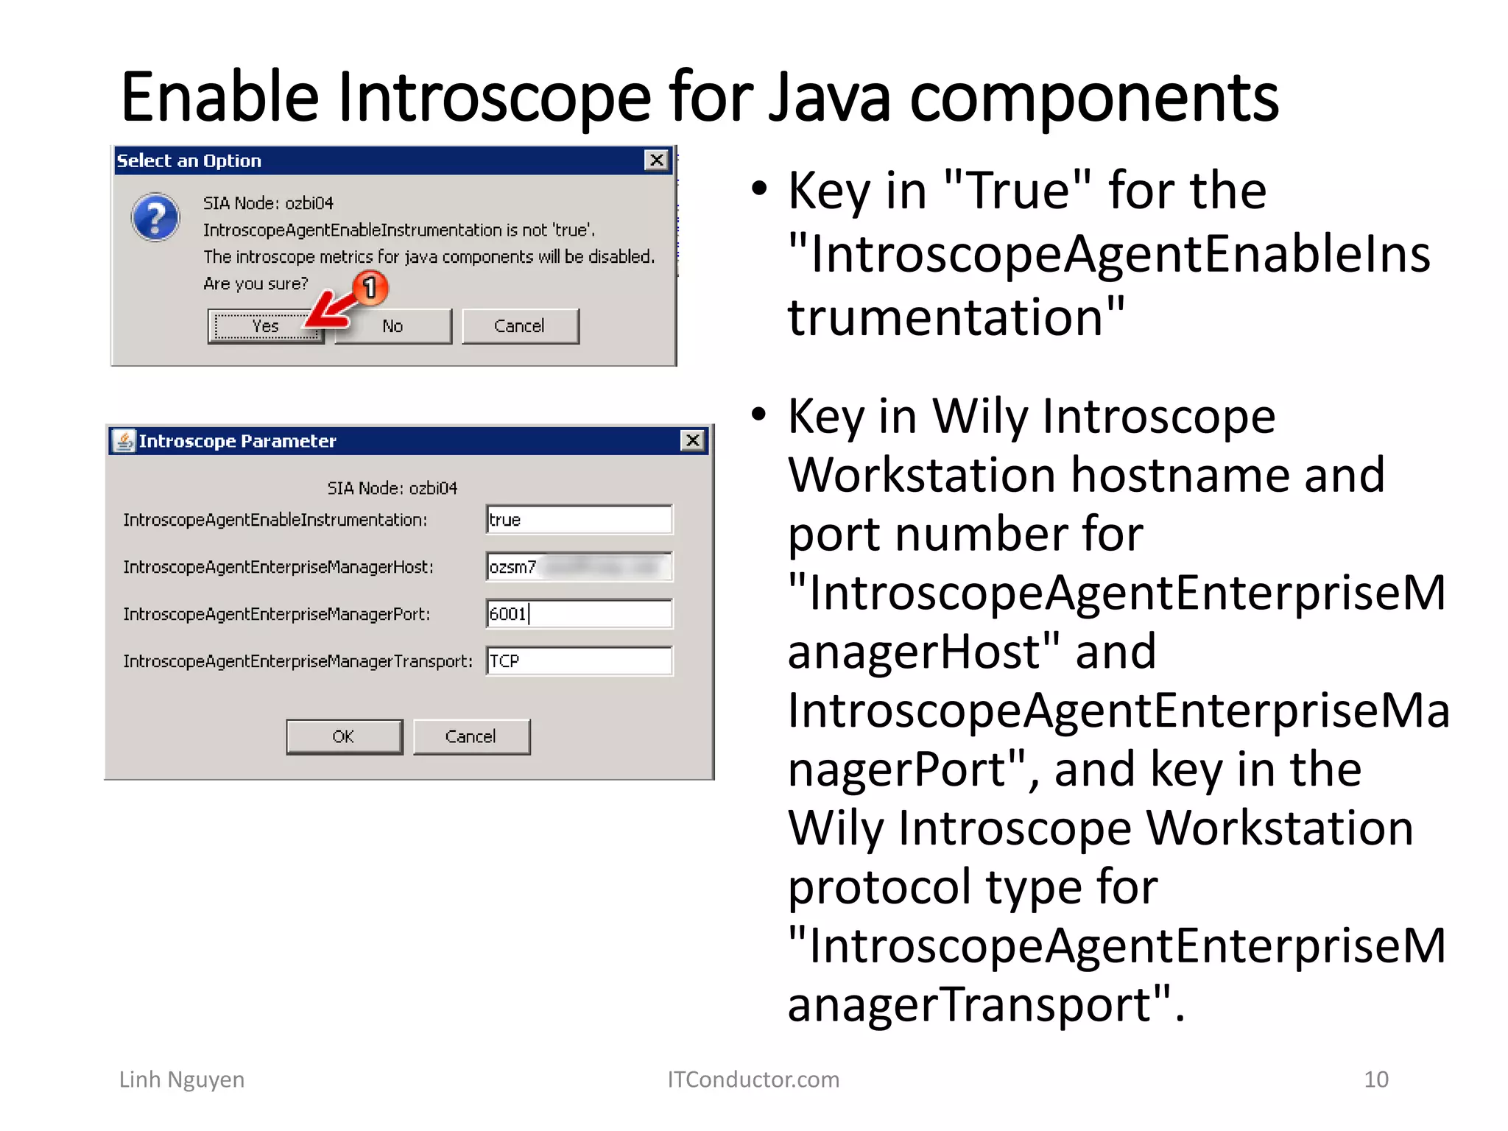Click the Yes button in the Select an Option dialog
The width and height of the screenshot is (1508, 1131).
click(x=265, y=326)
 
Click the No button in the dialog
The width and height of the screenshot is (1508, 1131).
click(x=392, y=326)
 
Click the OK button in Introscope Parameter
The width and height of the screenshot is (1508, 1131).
click(x=344, y=736)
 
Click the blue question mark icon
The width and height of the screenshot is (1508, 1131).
click(x=155, y=217)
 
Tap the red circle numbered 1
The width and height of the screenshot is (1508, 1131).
click(x=370, y=287)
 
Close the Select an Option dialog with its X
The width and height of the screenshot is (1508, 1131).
click(x=656, y=161)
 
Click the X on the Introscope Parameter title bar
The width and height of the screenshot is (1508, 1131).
click(x=692, y=440)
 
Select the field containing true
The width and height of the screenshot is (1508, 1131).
click(x=579, y=520)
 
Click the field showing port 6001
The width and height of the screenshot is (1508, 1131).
click(x=579, y=614)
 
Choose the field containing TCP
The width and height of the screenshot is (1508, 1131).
click(x=579, y=661)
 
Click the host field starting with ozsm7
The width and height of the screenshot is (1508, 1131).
click(x=579, y=567)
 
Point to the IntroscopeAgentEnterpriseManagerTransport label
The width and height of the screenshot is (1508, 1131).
click(x=297, y=661)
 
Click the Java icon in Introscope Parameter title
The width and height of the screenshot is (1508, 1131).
click(x=124, y=440)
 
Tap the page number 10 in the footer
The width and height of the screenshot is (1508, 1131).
click(x=1375, y=1079)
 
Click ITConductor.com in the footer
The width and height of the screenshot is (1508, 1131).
click(x=753, y=1079)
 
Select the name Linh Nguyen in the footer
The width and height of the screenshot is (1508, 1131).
click(x=182, y=1079)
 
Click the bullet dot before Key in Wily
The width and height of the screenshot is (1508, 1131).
click(x=759, y=415)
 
